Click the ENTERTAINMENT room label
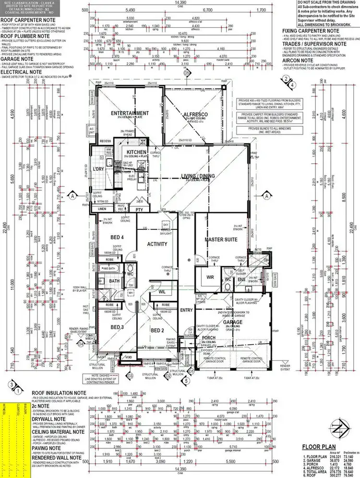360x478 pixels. tap(123, 114)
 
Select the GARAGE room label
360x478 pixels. tap(250, 322)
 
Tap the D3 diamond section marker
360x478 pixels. tap(130, 376)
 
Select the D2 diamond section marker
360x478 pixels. tap(168, 376)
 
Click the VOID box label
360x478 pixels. tap(127, 357)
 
